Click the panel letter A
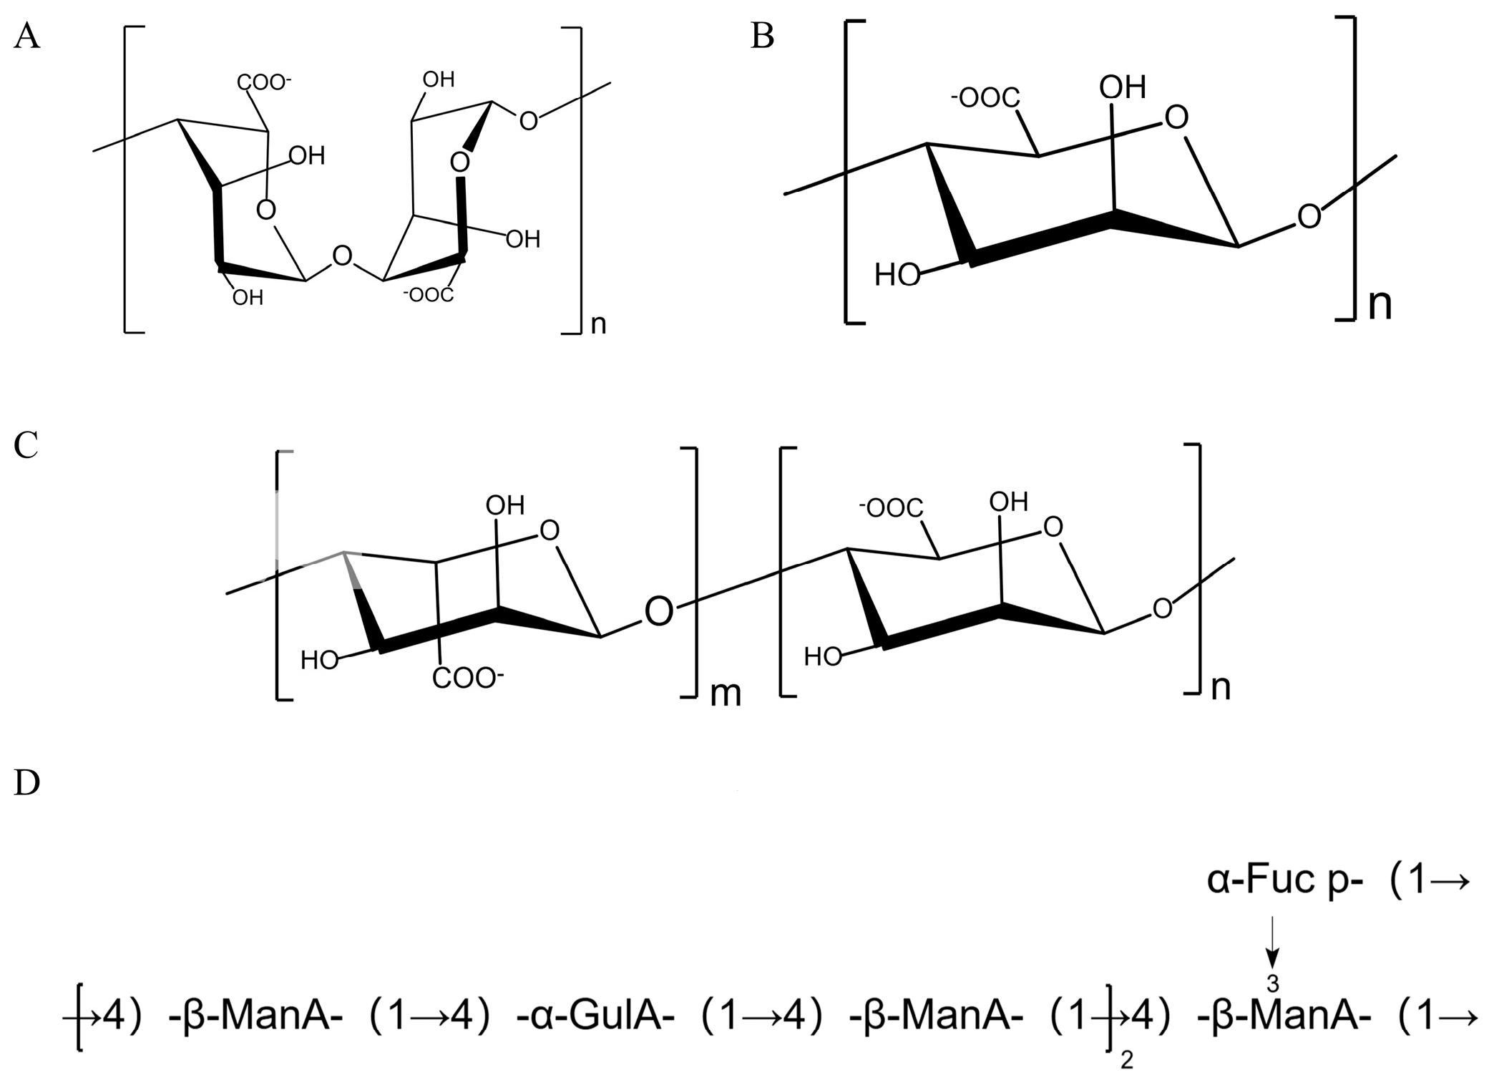[x=26, y=37]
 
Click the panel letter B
[x=763, y=37]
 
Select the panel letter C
[x=26, y=446]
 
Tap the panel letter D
[x=26, y=784]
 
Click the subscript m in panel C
[x=725, y=694]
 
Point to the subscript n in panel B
[x=1380, y=305]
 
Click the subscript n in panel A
[x=598, y=324]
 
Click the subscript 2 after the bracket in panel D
[x=1126, y=1059]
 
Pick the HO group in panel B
[x=897, y=275]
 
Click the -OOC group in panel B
[x=986, y=98]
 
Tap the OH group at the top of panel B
[x=1122, y=88]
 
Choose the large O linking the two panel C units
[x=659, y=613]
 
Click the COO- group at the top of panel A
[x=264, y=82]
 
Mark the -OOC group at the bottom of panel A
[x=429, y=294]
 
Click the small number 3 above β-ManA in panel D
[x=1273, y=984]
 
